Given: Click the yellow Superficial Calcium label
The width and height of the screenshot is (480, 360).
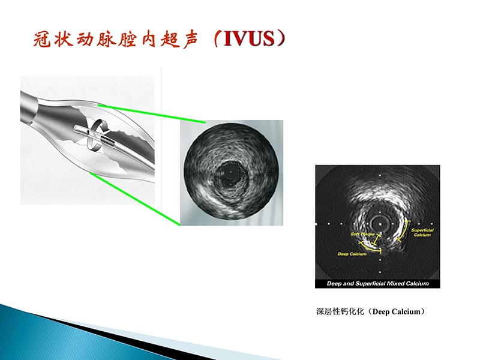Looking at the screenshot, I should coord(422,232).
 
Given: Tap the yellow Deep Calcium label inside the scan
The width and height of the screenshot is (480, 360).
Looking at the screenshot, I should coord(352,254).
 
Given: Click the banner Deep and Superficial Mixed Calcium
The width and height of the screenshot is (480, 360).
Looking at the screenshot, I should coord(377,283).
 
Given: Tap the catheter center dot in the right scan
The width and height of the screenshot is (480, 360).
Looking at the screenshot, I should coord(380,222).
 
